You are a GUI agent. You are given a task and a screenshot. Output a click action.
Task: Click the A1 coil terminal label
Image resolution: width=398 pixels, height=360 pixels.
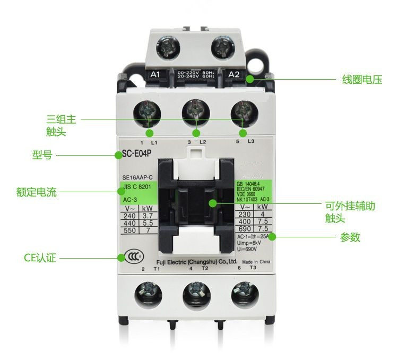(155, 74)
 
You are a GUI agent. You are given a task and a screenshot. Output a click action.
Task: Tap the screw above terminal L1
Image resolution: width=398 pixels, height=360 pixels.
(149, 112)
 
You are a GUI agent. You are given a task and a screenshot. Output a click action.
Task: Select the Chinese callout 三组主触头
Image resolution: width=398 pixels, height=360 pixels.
(62, 125)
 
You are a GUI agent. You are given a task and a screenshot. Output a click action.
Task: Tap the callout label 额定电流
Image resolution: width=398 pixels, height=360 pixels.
(36, 192)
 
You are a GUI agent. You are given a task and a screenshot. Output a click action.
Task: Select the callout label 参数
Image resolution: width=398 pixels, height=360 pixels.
(350, 237)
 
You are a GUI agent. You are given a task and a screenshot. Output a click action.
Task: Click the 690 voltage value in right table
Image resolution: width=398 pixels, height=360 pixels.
(245, 227)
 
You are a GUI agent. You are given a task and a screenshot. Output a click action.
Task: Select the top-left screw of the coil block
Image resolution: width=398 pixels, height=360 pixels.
(170, 50)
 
